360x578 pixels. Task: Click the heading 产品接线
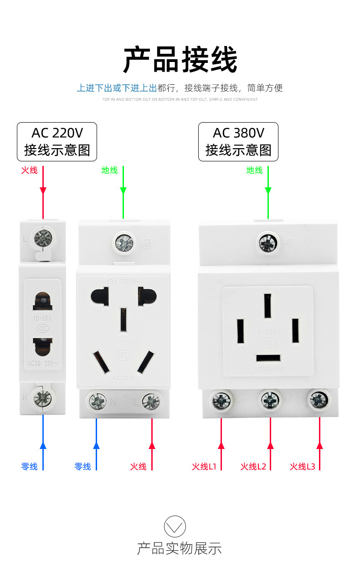180,60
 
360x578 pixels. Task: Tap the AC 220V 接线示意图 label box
57,141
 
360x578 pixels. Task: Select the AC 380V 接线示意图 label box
238,141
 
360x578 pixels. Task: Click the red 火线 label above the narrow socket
29,170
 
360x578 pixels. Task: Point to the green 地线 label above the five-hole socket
109,170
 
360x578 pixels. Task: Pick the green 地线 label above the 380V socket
254,170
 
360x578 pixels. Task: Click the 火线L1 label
204,466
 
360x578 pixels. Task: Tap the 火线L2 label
253,466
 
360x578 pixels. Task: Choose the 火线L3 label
303,466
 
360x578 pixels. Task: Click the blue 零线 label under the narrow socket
29,466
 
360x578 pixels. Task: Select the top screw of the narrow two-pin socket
43,237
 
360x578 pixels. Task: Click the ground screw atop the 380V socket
268,242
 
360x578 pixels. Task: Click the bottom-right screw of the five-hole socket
151,401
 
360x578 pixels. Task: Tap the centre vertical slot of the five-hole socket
123,320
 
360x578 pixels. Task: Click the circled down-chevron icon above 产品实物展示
175,527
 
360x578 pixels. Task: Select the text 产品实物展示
180,548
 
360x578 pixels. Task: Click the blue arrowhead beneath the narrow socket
43,445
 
